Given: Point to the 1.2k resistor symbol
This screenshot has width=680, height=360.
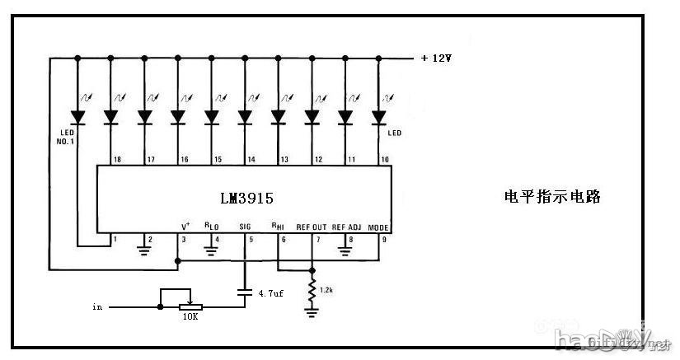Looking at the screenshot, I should (312, 290).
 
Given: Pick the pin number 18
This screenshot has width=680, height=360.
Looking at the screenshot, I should (116, 159).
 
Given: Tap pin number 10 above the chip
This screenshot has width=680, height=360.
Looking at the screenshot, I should (384, 159).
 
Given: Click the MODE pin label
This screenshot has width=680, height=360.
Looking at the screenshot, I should (378, 227).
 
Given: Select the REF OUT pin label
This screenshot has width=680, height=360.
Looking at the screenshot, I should (312, 227).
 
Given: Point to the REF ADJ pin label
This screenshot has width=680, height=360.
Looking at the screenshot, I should (348, 227).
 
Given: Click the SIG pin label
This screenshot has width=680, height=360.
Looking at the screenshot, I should (245, 227).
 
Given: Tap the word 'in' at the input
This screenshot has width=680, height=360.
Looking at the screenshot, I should (98, 306).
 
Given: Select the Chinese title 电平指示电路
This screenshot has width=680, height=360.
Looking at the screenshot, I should (552, 197).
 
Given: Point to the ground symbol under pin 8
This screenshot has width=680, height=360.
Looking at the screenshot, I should (346, 248).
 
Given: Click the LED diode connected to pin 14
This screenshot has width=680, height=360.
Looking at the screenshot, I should (245, 117).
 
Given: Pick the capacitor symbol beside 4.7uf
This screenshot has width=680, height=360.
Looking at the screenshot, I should (245, 292).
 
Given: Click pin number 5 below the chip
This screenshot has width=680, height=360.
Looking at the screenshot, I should (250, 240).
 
